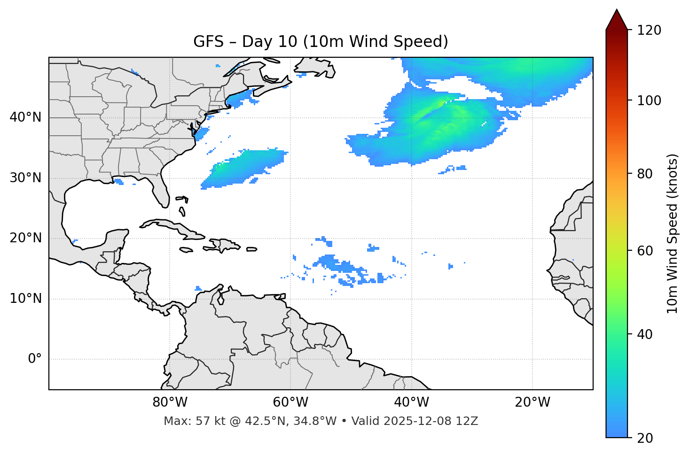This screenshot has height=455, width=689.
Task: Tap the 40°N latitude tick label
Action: (25, 117)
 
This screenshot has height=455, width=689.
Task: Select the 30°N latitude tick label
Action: (25, 178)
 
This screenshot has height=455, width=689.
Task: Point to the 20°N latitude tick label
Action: (25, 239)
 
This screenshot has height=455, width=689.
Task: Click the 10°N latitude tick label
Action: (25, 299)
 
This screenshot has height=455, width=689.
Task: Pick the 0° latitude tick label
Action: (35, 359)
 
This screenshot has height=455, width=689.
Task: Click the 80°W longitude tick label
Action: (170, 402)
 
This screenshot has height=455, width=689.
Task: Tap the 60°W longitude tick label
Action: (290, 402)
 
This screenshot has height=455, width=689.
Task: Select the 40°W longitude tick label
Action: (411, 402)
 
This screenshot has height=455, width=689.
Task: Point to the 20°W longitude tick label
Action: (532, 402)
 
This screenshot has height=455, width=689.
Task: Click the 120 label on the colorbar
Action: (649, 30)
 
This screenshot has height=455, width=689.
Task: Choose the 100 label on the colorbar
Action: (649, 100)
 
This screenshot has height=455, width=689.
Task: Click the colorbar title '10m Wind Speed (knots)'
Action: (673, 233)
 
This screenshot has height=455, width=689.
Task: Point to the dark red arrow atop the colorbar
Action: (617, 20)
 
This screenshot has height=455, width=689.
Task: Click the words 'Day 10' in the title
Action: (269, 42)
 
